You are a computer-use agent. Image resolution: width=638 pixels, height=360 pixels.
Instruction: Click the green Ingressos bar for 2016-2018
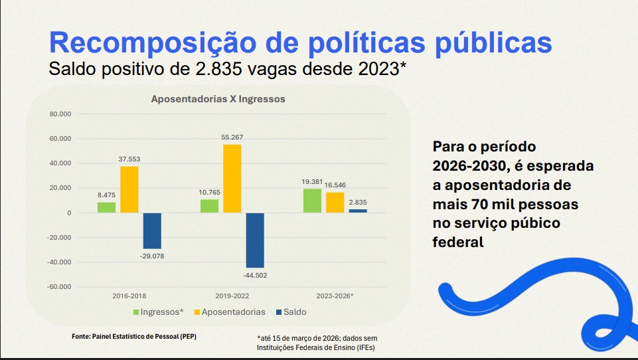pos(106,207)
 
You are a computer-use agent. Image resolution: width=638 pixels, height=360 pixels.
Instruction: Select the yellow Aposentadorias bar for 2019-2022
pos(232,178)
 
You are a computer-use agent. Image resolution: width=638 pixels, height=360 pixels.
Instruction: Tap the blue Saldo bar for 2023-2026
pos(357,211)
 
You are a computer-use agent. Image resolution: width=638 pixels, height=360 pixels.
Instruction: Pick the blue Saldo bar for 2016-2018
pos(152,230)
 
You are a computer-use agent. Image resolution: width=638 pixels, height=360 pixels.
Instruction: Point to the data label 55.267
pos(232,137)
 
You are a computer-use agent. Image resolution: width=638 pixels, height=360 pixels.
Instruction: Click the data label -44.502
pos(255,275)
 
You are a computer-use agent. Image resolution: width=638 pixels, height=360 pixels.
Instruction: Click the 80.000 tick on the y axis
pos(60,114)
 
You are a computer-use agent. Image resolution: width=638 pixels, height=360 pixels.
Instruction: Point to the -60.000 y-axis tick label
pos(59,287)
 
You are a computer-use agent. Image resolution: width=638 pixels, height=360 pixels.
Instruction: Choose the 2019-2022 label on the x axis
pos(232,296)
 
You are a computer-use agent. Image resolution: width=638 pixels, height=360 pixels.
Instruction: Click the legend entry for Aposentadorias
pos(228,312)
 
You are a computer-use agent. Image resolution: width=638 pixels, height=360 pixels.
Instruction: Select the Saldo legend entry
pos(289,312)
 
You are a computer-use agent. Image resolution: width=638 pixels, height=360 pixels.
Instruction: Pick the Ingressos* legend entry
pos(158,312)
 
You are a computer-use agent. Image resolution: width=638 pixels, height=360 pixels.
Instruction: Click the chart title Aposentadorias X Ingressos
pos(218,99)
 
